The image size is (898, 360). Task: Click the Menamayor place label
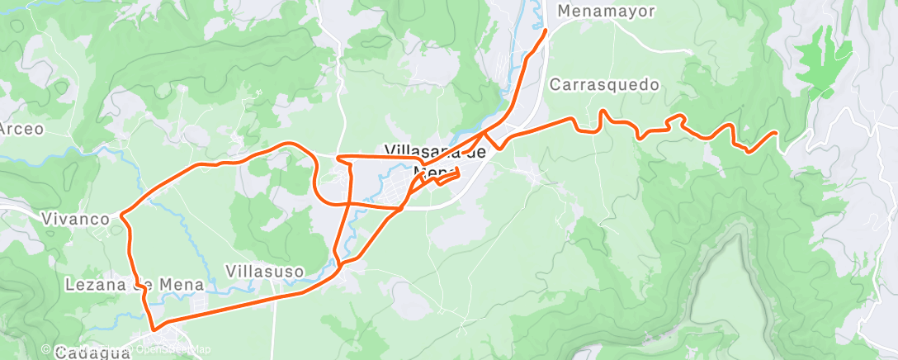pyautogui.click(x=606, y=12)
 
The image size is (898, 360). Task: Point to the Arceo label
pyautogui.click(x=21, y=128)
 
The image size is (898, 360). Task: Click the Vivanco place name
pyautogui.click(x=76, y=219)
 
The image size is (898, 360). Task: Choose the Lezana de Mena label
pyautogui.click(x=134, y=285)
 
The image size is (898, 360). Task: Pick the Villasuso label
pyautogui.click(x=265, y=271)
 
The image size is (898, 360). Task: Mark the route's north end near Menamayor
pyautogui.click(x=546, y=31)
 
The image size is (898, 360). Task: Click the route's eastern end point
pyautogui.click(x=776, y=132)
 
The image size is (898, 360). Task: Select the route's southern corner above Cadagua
pyautogui.click(x=154, y=331)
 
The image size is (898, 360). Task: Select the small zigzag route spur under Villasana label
pyautogui.click(x=446, y=177)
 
